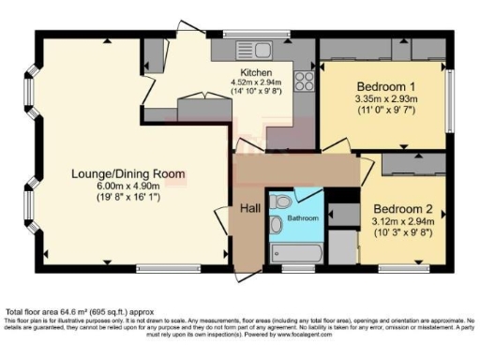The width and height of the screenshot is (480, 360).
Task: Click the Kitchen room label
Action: [x=256, y=72]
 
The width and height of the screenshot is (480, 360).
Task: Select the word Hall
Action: [x=249, y=208]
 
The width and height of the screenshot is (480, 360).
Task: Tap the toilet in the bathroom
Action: [x=278, y=201]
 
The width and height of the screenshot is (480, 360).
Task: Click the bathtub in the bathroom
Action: [x=296, y=255]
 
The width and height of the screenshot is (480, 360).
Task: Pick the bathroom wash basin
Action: [x=276, y=225]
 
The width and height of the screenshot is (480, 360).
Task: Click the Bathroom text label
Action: [x=303, y=218]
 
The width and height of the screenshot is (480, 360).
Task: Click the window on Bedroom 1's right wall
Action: [x=448, y=95]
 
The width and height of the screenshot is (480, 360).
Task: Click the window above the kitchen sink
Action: [x=252, y=35]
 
